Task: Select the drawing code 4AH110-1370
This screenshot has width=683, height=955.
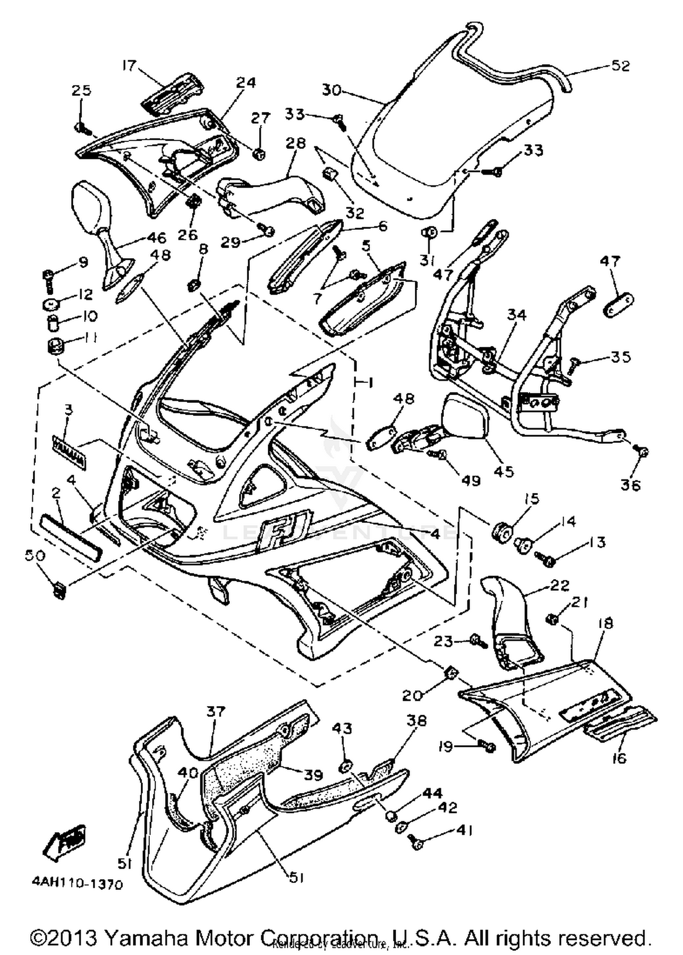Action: pos(77,884)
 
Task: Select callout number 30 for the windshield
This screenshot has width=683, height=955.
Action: pos(331,90)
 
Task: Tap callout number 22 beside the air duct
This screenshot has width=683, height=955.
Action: pos(560,585)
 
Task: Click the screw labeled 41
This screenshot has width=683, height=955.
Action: pos(416,843)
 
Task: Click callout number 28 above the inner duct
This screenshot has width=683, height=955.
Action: pos(296,143)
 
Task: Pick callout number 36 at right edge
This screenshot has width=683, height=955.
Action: pos(631,485)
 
